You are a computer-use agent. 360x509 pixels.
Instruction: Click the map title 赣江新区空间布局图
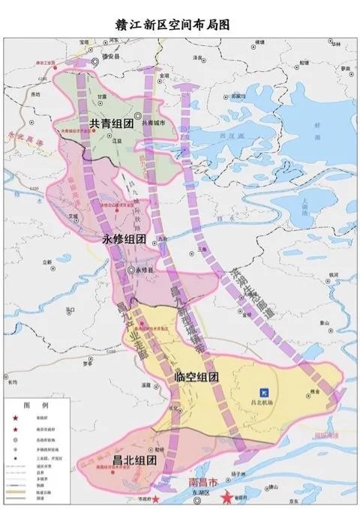pos(179,24)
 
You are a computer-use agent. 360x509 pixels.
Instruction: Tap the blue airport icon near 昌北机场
pos(263,391)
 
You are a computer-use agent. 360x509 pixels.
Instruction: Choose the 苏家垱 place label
pos(238,95)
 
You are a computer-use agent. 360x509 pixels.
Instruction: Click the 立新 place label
pos(47,262)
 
